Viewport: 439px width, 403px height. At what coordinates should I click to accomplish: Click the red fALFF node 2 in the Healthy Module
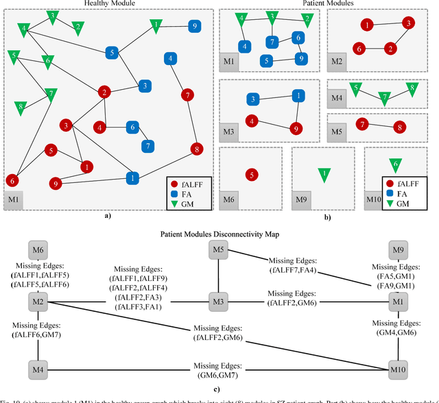[x=104, y=92]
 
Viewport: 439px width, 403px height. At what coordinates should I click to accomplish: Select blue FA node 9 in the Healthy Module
[x=195, y=26]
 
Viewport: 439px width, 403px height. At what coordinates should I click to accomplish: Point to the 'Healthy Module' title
[x=109, y=4]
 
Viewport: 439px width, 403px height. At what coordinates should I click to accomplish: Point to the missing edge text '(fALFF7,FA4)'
[x=292, y=270]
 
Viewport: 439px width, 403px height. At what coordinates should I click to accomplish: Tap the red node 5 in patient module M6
[x=252, y=175]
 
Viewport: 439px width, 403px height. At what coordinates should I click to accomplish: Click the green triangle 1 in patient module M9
[x=323, y=175]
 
